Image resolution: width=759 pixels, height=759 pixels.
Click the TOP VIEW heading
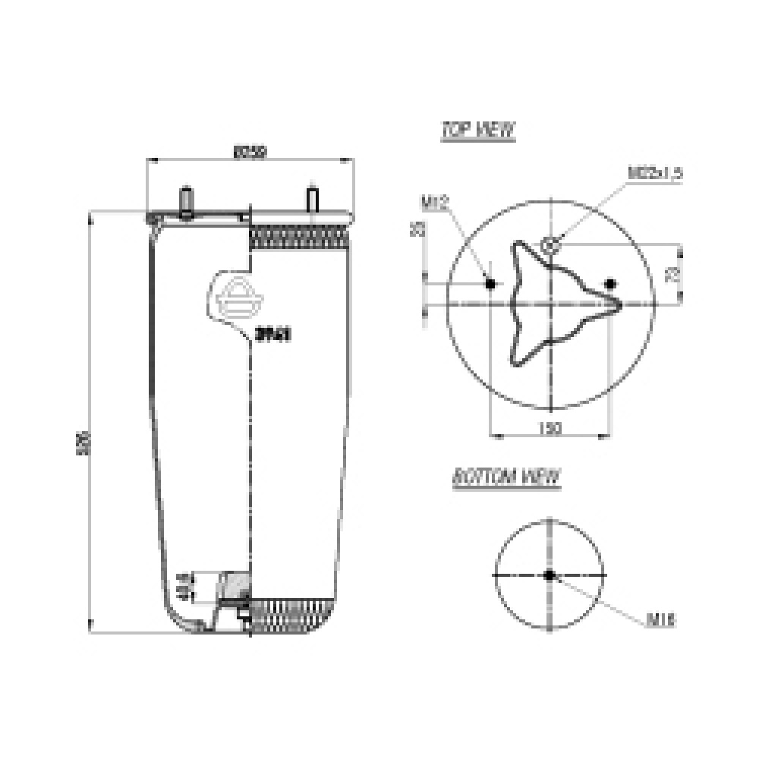[x=478, y=130]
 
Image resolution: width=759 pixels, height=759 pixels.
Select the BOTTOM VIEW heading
[x=505, y=477]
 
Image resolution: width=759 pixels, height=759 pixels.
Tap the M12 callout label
[x=436, y=202]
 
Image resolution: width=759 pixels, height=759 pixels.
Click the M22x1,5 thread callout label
[x=655, y=172]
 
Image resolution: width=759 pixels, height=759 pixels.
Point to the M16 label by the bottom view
[x=661, y=621]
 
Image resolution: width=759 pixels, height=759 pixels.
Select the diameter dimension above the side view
[x=250, y=153]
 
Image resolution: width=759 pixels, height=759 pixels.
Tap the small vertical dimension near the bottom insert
[x=182, y=586]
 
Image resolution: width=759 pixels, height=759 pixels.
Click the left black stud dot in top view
[x=490, y=284]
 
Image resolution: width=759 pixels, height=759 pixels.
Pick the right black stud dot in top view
[x=610, y=284]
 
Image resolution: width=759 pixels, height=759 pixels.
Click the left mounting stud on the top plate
[x=185, y=201]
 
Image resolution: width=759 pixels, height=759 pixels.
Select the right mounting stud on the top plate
[x=312, y=200]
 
